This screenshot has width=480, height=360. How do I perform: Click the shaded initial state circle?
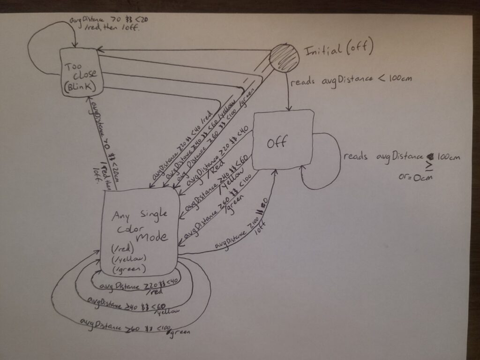(284, 58)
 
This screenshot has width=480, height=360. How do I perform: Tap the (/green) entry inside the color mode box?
(125, 269)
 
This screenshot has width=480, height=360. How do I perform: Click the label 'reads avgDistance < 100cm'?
(351, 81)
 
